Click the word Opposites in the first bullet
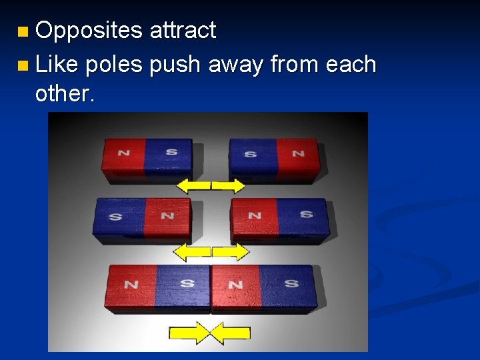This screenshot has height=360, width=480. click(x=89, y=31)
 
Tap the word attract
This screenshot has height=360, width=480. click(x=183, y=31)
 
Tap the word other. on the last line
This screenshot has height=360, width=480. click(x=65, y=94)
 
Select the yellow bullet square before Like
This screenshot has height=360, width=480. click(x=23, y=65)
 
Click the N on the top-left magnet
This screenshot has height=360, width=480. click(x=124, y=153)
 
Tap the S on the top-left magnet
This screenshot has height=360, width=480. click(x=171, y=152)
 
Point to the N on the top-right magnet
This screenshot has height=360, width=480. click(x=297, y=153)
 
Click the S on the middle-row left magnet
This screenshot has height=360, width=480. click(x=115, y=216)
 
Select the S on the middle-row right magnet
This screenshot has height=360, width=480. click(x=306, y=215)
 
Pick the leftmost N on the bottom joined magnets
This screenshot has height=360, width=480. click(x=131, y=285)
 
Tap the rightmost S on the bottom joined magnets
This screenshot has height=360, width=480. click(x=291, y=284)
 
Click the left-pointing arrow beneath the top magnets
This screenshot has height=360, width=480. click(x=194, y=185)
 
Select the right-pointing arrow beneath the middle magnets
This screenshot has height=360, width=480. click(x=231, y=251)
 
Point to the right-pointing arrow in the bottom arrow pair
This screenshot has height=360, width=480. click(x=189, y=333)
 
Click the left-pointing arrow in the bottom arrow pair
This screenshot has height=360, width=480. click(x=231, y=333)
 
